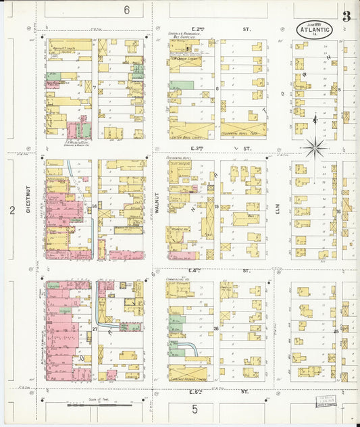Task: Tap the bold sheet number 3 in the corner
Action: pos(346,17)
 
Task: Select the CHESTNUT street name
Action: pos(29,201)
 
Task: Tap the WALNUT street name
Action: pos(157,201)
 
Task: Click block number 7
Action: pos(95,88)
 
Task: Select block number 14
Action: pos(95,205)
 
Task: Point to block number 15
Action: pos(217,206)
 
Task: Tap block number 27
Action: pos(95,329)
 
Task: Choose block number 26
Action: pos(216,329)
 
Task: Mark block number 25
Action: pos(336,331)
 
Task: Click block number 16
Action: pos(338,211)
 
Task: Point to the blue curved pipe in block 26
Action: pos(194,348)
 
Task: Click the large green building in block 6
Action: pos(182,85)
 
